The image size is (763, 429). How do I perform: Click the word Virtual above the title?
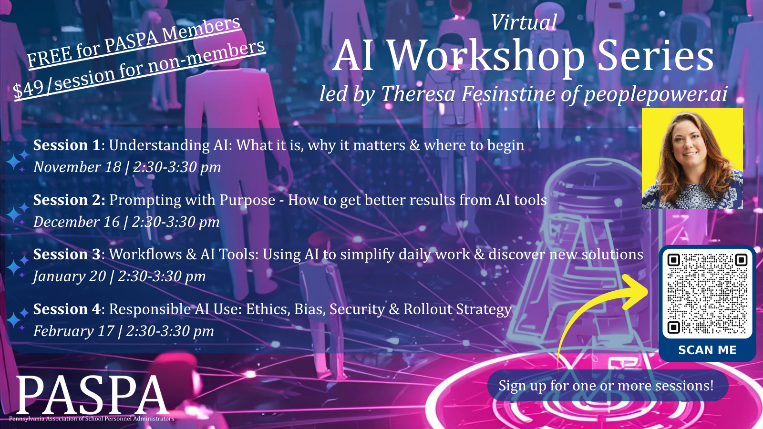pos(524,22)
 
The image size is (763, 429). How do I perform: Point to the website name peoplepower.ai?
pos(655,93)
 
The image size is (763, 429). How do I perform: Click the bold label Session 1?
pos(67,145)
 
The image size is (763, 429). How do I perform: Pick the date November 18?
pos(77,167)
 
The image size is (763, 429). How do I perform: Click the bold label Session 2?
pos(69,200)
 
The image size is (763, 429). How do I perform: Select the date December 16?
pos(77,222)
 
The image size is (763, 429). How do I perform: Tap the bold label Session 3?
pos(67,255)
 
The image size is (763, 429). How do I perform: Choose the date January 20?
pos(70,276)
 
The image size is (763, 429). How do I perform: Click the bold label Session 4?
pos(67,309)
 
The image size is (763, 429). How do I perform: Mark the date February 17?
pos(73,331)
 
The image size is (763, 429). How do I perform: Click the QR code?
pos(707,294)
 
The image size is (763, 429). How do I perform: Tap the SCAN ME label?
pos(707,350)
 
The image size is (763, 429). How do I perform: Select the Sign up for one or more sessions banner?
pos(608,386)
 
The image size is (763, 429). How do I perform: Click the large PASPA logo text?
pos(92,395)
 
